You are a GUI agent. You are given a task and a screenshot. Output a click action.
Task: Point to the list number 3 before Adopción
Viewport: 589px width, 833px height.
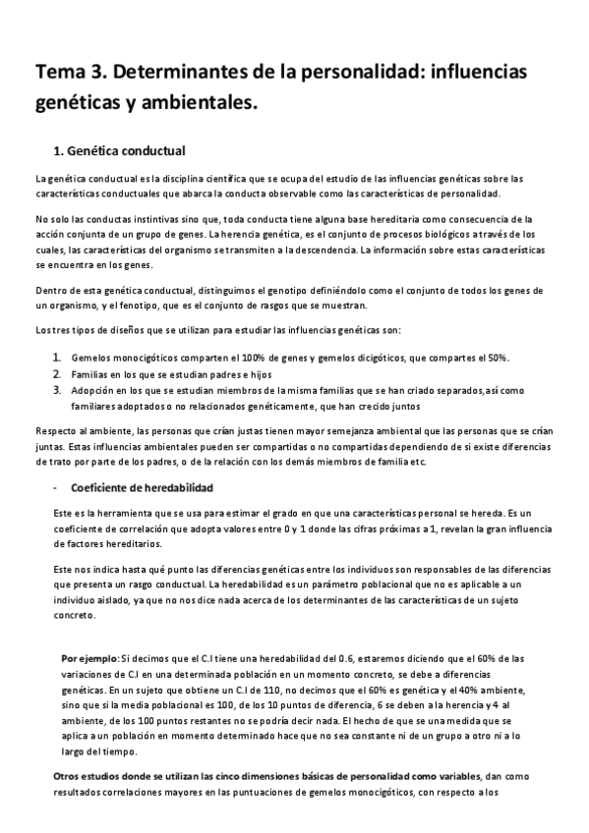tap(56, 389)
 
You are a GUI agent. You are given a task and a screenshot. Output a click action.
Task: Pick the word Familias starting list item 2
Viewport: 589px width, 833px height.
tap(90, 373)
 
